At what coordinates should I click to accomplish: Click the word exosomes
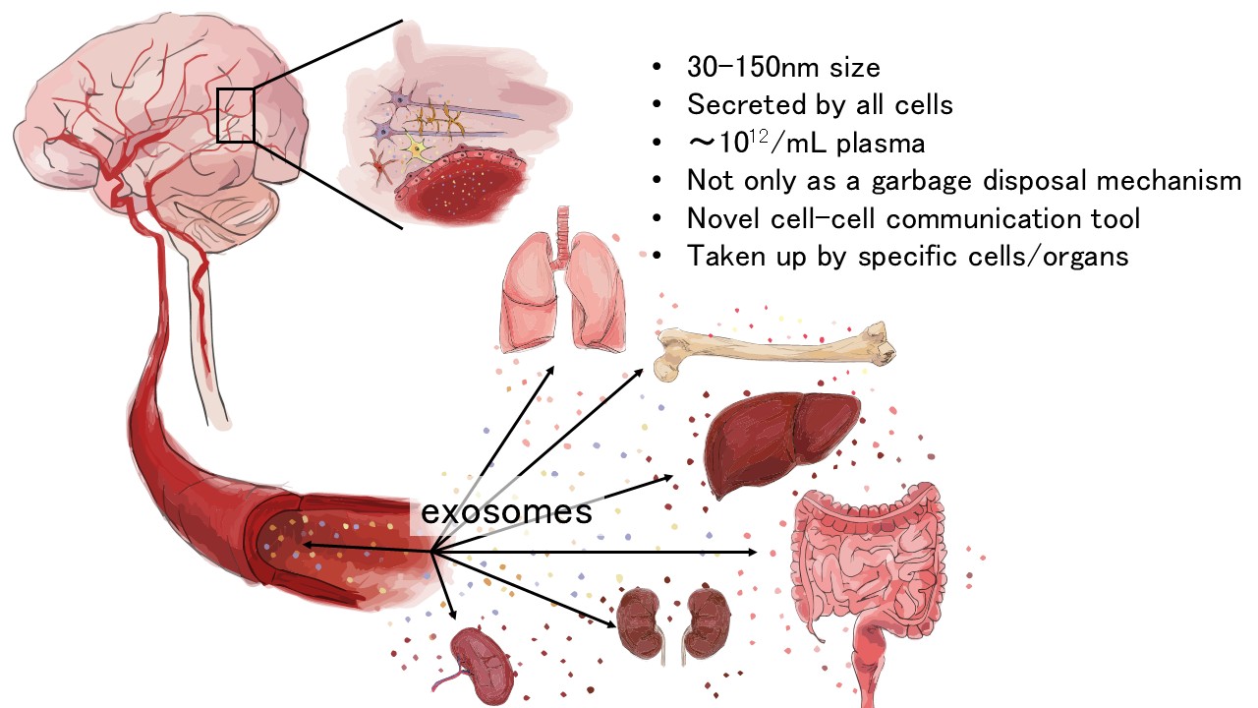[x=506, y=511]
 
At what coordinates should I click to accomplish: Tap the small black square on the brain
[x=236, y=114]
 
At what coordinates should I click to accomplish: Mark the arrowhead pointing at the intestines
[x=752, y=553]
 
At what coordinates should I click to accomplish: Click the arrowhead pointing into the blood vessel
[x=308, y=544]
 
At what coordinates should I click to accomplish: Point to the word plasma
[x=888, y=144]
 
